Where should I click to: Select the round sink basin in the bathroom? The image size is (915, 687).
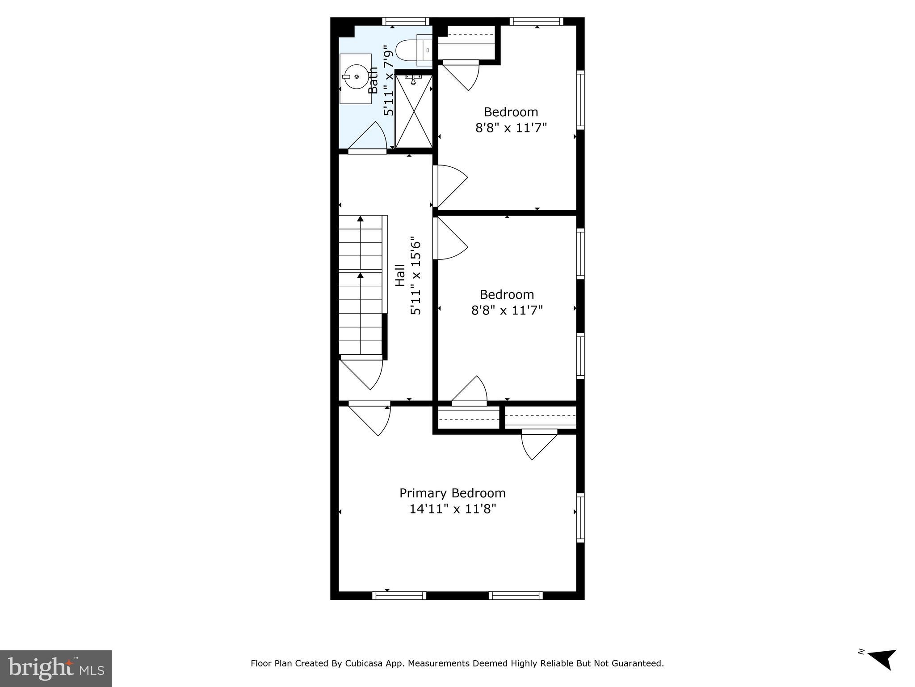(356, 77)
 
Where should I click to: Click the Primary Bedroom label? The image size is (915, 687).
(452, 493)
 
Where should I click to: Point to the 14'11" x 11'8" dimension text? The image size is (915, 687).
(453, 509)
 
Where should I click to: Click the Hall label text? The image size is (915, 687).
(400, 276)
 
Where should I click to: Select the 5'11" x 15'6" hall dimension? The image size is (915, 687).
(416, 276)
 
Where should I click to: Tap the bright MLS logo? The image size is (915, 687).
(55, 669)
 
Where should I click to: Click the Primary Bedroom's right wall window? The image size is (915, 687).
(580, 517)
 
